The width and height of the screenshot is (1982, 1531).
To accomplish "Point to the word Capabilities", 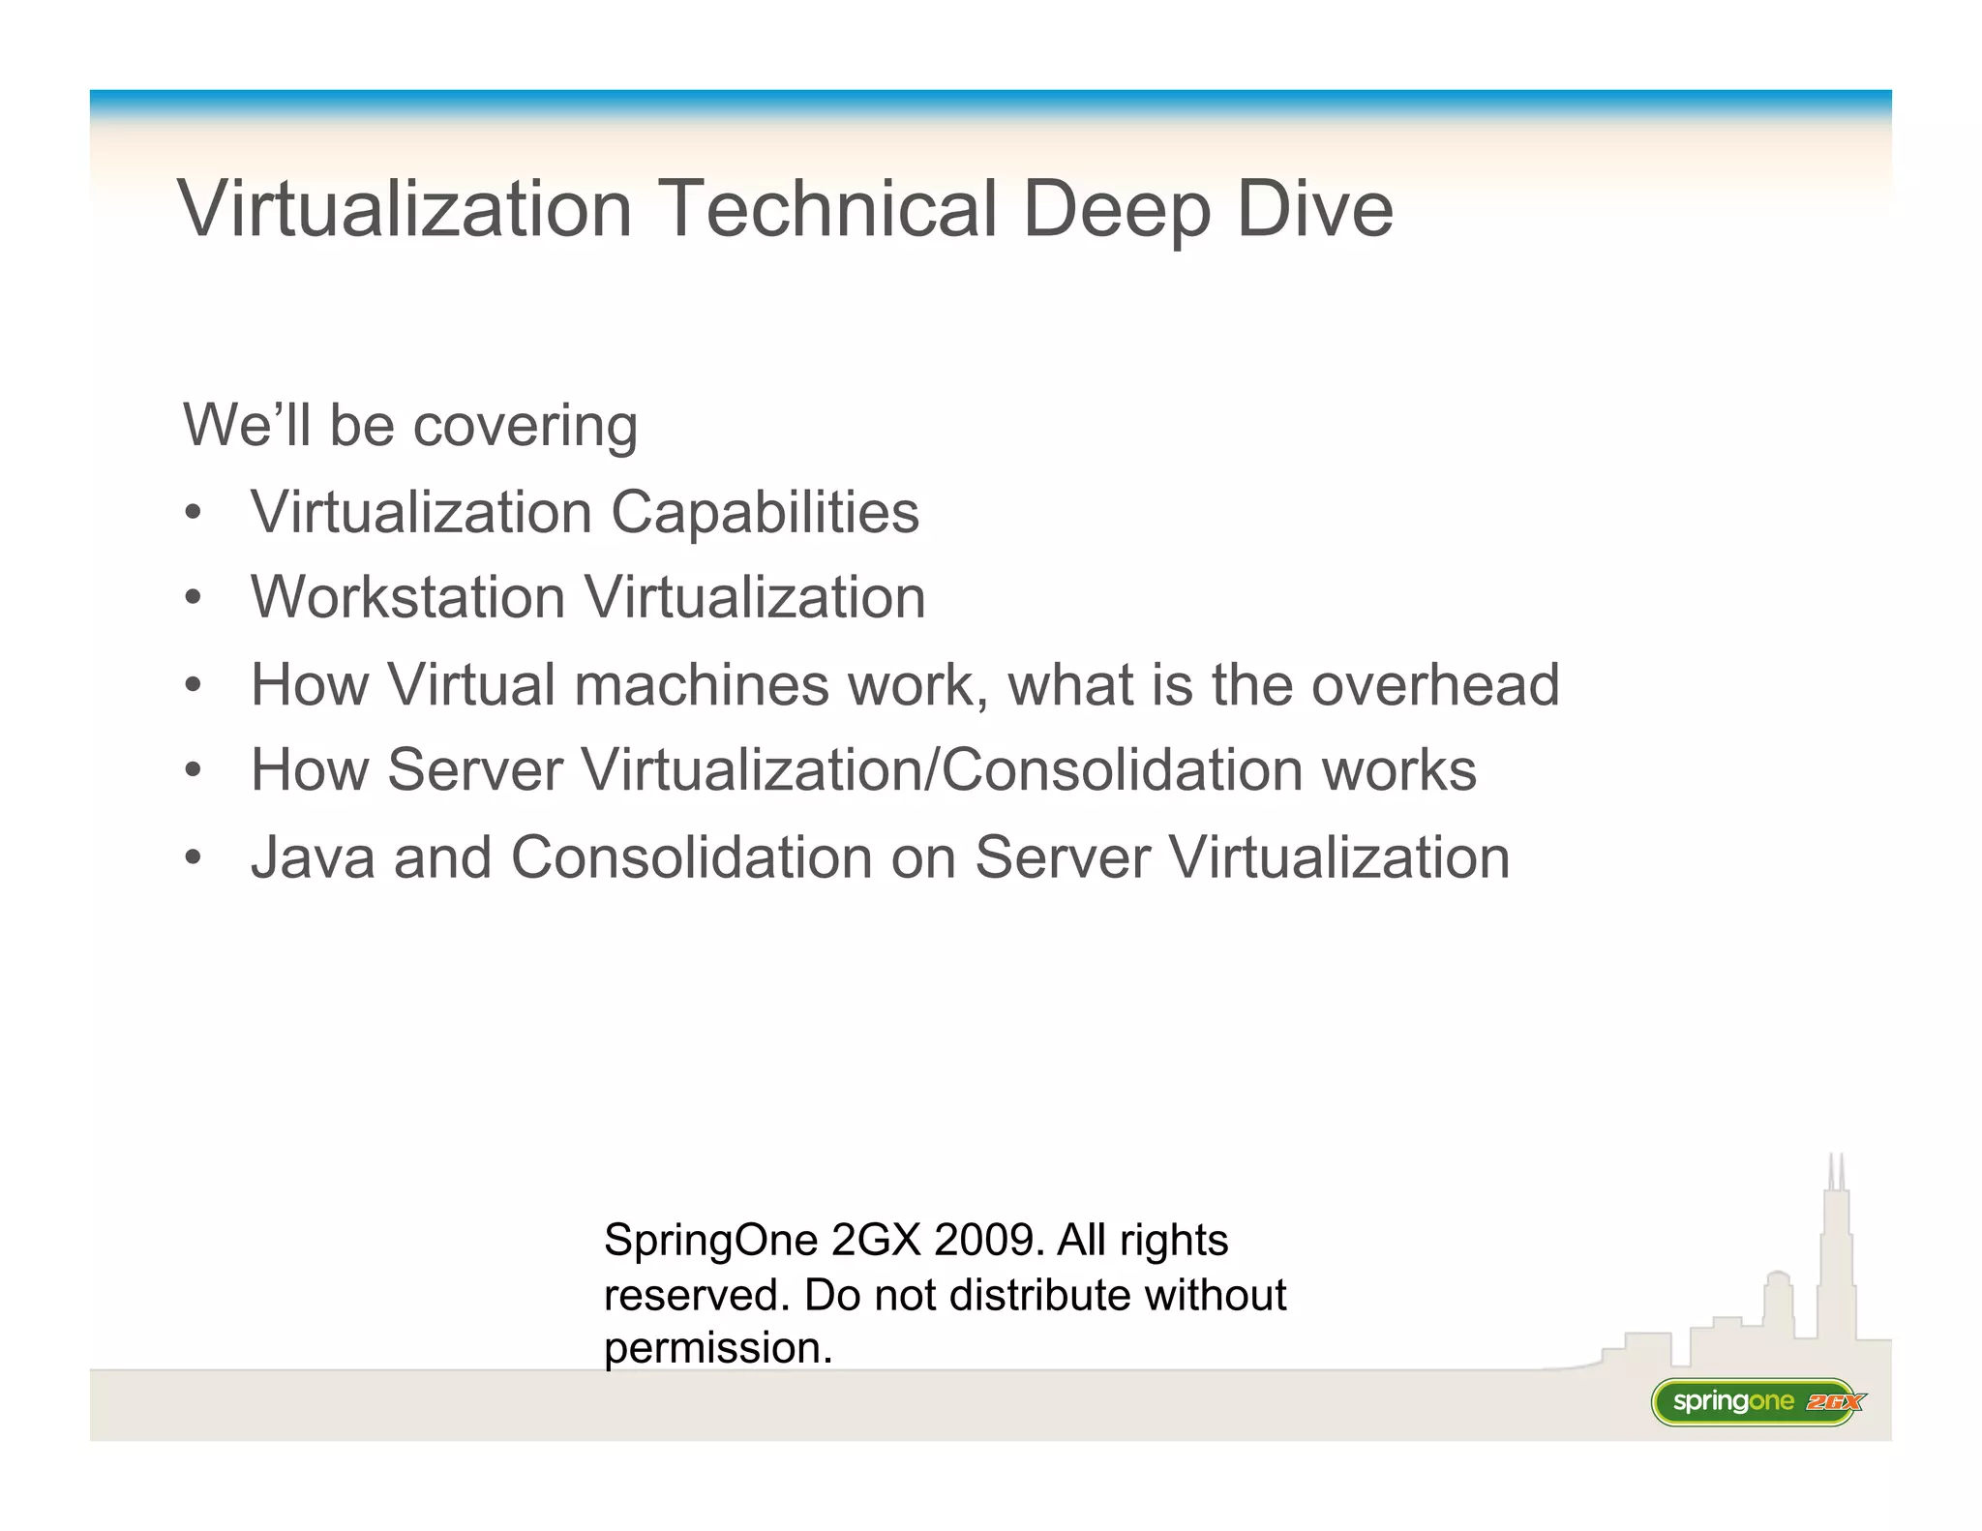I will point(765,512).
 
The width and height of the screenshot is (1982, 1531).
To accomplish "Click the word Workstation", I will point(407,597).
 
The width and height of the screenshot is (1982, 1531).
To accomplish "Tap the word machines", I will point(702,685).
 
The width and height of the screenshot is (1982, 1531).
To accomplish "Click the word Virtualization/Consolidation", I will point(942,770).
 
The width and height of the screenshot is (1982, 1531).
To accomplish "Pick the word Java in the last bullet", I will point(313,857).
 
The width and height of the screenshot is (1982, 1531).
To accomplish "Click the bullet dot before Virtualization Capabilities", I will point(194,513).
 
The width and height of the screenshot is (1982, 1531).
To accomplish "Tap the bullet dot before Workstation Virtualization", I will point(194,598).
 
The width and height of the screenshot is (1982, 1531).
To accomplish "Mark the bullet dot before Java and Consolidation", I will point(194,858).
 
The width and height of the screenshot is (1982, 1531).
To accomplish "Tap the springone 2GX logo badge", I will point(1757,1401).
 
